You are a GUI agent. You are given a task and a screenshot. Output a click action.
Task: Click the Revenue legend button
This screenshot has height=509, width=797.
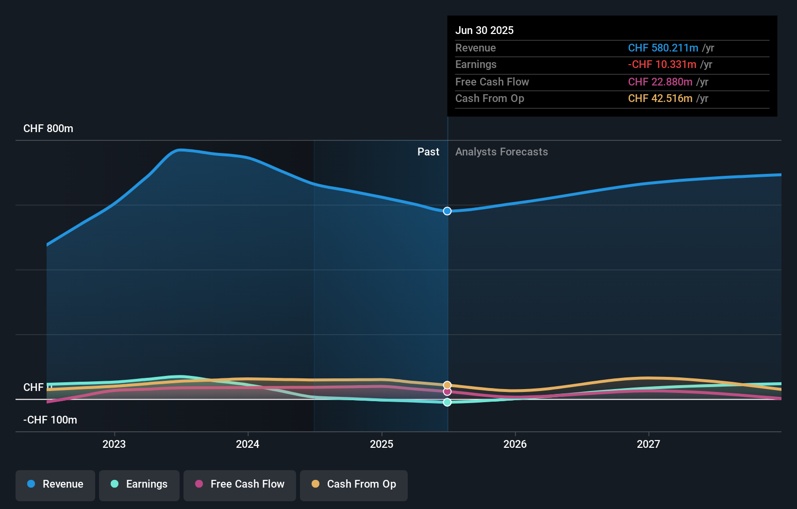pos(55,484)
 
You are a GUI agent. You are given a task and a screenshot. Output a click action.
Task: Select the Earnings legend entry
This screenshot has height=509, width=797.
pos(139,484)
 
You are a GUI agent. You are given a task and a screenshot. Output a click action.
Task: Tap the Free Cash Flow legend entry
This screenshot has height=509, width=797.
pos(240,484)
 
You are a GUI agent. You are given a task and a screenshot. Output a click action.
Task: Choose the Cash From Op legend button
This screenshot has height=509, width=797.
pos(354,484)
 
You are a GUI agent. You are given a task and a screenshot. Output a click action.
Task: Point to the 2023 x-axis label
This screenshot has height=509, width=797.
pos(114,444)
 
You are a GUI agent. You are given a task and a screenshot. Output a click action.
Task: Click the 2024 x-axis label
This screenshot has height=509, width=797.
pos(248,444)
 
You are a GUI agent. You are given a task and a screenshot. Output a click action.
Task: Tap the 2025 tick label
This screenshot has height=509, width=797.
pos(382,444)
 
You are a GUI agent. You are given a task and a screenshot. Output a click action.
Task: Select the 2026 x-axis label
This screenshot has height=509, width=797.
pos(515,444)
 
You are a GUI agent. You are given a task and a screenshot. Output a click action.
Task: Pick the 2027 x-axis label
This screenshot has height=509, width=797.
pos(648,444)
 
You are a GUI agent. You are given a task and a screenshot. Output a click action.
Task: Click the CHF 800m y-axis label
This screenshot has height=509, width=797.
pos(48,129)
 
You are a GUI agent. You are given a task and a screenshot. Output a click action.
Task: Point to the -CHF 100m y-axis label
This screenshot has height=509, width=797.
pos(50,420)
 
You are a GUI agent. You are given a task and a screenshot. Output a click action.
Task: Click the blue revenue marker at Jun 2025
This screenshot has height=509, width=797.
pos(447,211)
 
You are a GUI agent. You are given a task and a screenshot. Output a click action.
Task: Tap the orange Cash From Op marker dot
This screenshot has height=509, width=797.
pos(447,385)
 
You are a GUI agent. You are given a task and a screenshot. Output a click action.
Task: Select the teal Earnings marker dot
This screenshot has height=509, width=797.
pos(447,402)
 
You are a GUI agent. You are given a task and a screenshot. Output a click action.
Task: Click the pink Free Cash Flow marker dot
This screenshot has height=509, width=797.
pos(447,391)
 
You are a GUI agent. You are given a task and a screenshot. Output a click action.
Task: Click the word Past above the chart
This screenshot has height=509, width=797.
pos(428,152)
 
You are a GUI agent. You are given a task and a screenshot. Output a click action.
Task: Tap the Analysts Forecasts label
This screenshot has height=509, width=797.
pos(501,152)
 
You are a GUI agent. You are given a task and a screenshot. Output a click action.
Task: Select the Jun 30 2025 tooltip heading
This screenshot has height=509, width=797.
pos(484,30)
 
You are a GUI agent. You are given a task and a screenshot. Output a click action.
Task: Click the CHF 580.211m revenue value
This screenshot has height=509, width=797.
pos(663,48)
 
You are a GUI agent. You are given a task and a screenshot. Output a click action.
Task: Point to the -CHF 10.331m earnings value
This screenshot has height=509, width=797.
pos(662,64)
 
